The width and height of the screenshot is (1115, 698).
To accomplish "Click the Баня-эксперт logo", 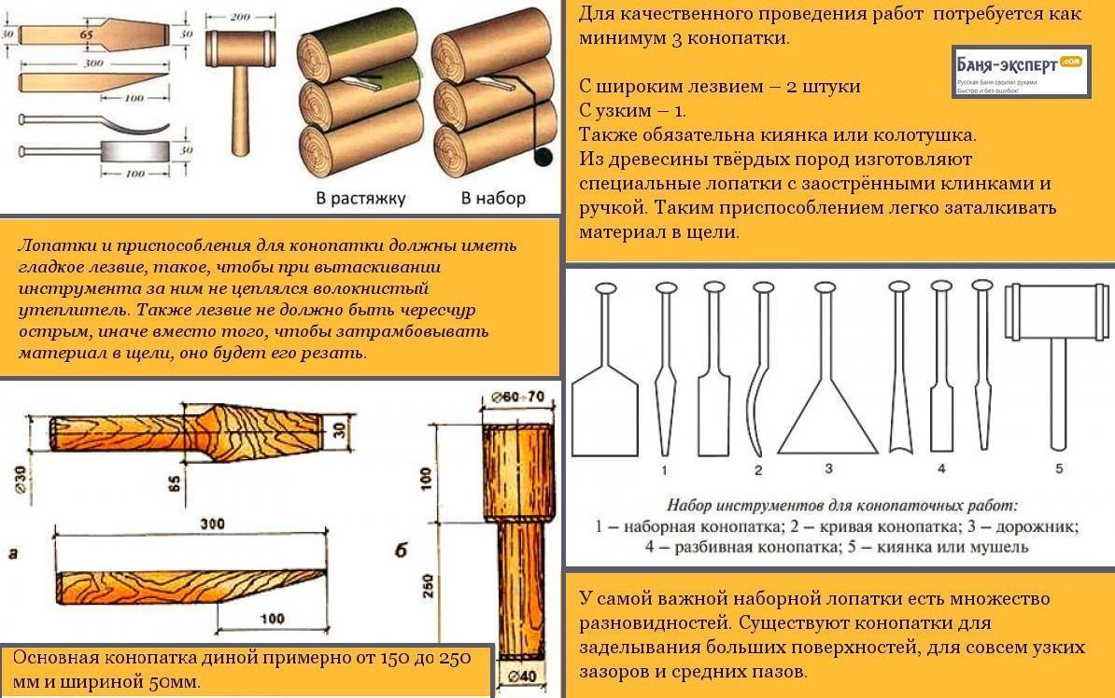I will coord(1020,72).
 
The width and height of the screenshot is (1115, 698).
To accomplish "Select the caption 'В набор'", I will coord(493,198).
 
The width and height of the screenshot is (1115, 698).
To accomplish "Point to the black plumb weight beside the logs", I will coord(540,157).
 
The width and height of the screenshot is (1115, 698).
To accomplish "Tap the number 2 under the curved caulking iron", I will coord(758,469).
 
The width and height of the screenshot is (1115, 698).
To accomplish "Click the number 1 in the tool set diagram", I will coord(664,468).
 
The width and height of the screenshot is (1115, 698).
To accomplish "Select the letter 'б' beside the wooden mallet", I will coord(400,551).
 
